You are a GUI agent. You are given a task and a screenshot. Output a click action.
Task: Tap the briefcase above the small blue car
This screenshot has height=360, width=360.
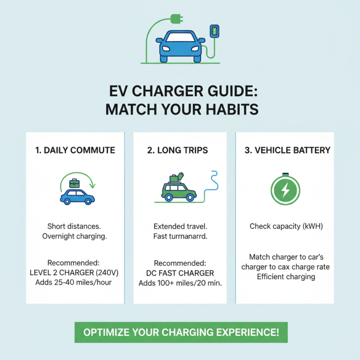(x=74, y=183)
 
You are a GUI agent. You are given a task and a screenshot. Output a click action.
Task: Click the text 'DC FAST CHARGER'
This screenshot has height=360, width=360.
(x=180, y=273)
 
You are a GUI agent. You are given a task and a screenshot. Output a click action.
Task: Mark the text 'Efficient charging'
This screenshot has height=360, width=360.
(x=286, y=276)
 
